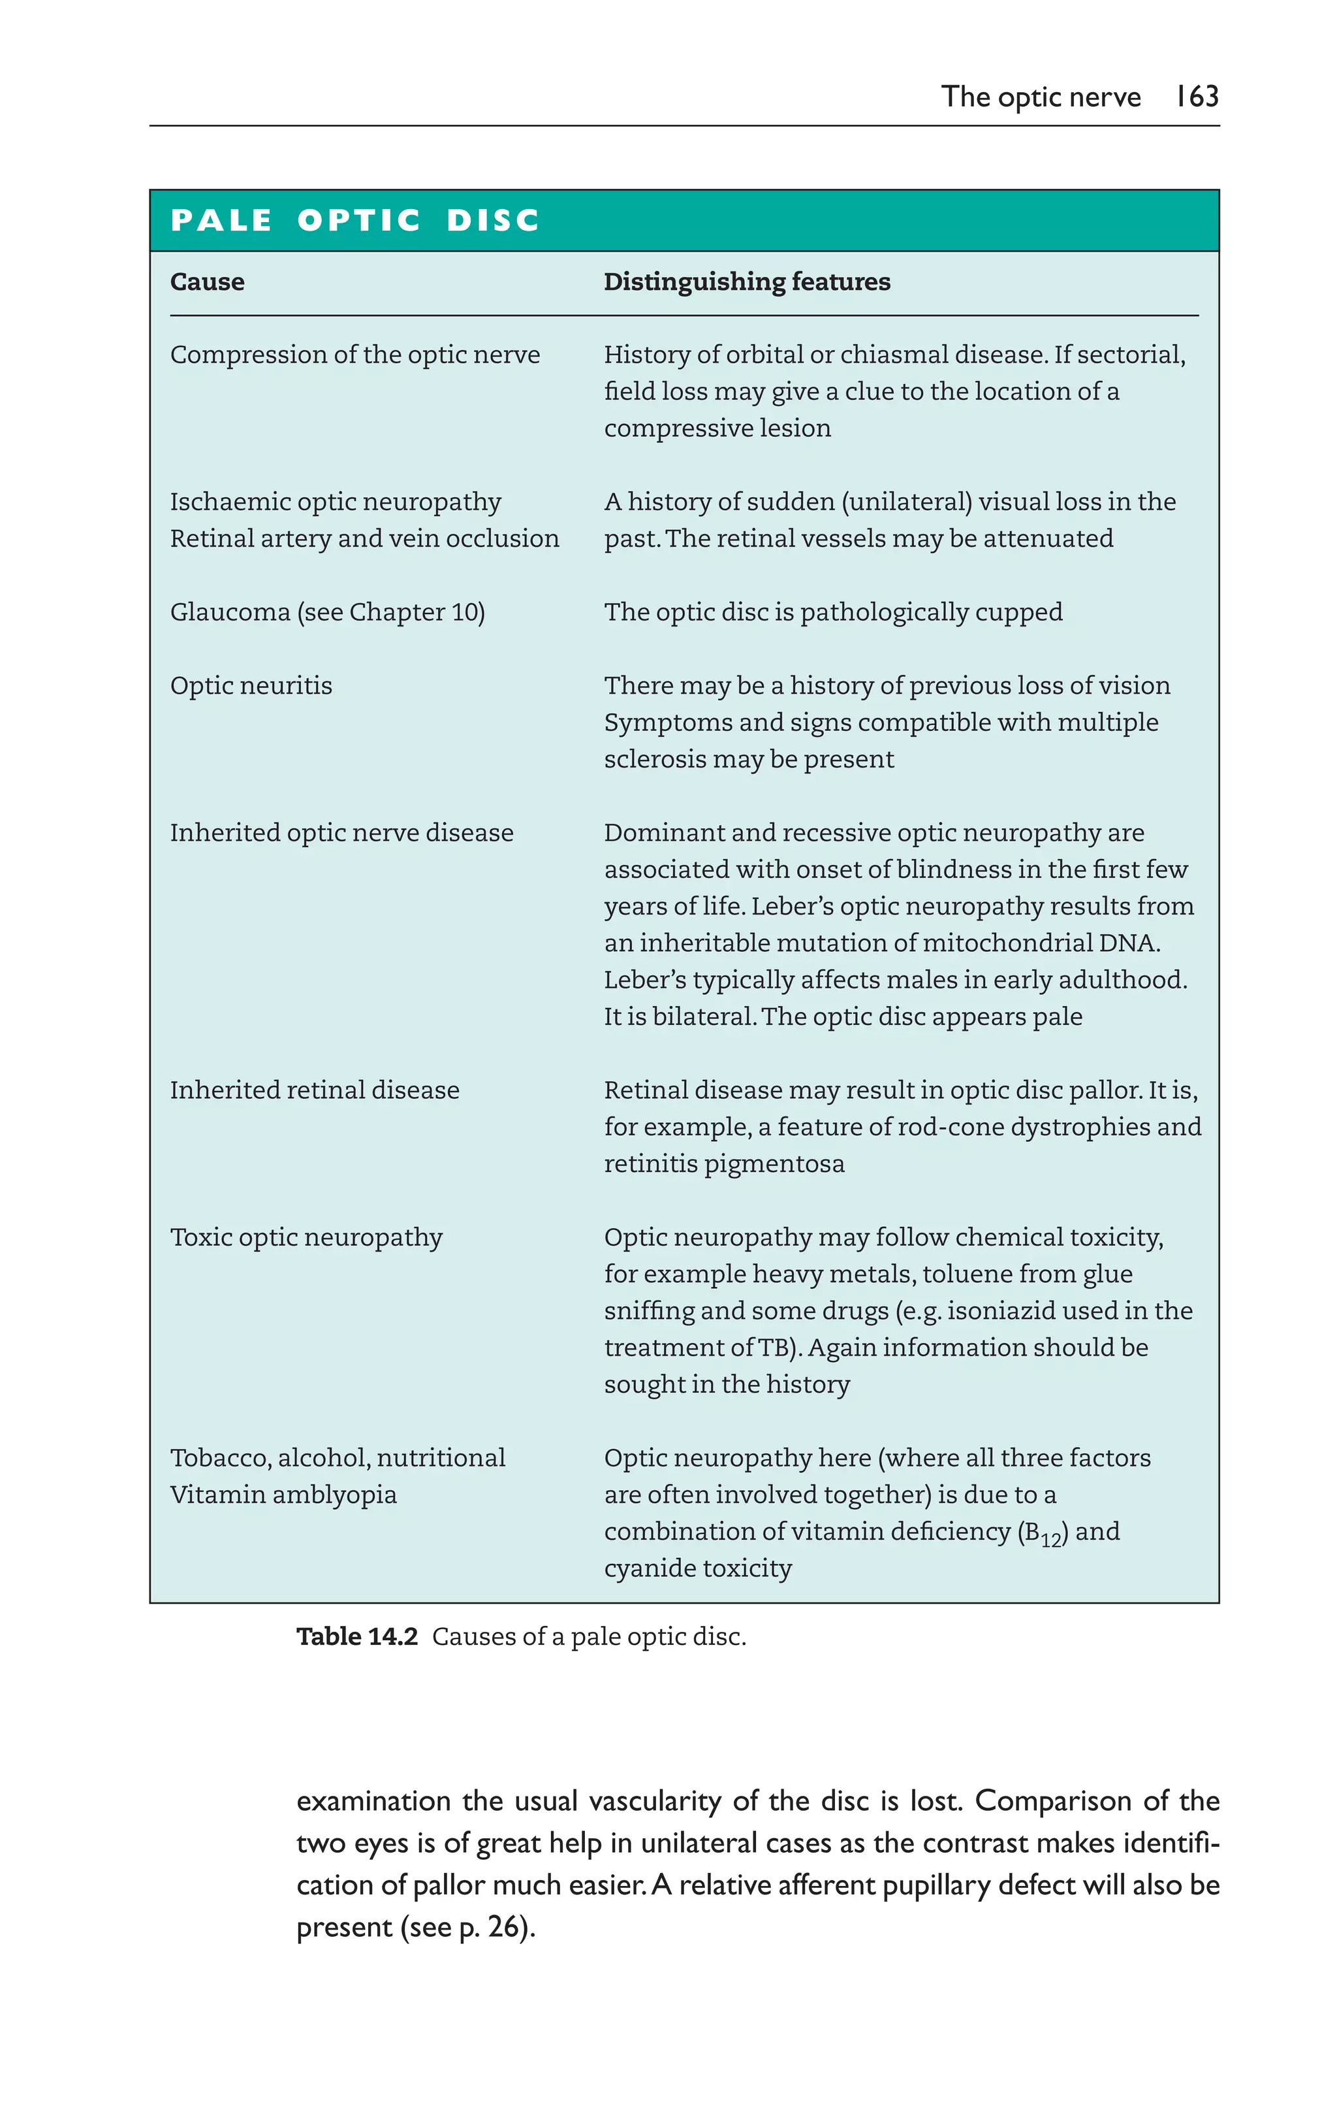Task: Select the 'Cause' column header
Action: point(207,282)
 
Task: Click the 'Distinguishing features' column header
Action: point(747,282)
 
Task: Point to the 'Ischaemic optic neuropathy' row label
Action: point(335,502)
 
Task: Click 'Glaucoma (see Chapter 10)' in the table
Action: point(327,611)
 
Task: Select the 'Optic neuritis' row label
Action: point(251,685)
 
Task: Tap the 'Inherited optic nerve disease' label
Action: point(341,832)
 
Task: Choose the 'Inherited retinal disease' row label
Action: point(314,1090)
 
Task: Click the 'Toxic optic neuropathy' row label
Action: point(306,1237)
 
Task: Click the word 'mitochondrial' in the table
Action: point(1000,943)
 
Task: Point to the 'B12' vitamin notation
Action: point(1043,1533)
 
